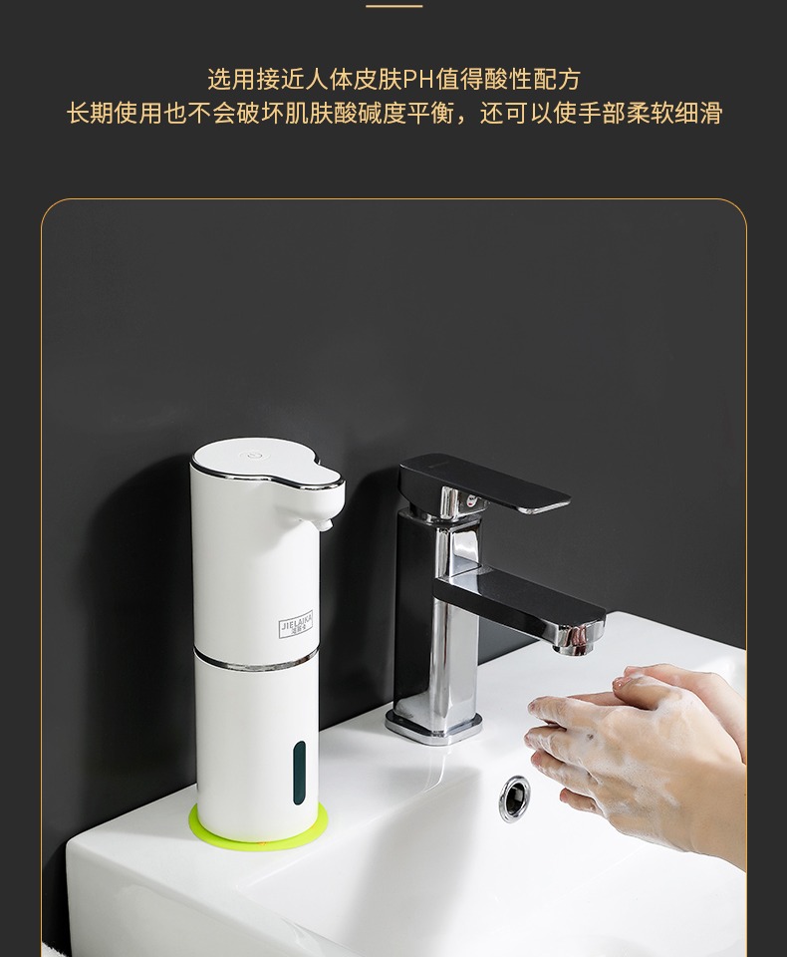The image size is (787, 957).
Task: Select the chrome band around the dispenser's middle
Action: coord(255,657)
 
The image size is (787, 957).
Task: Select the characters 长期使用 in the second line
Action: coord(114,113)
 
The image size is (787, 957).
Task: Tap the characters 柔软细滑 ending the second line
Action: coord(674,113)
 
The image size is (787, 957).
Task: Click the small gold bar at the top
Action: coord(393,6)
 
